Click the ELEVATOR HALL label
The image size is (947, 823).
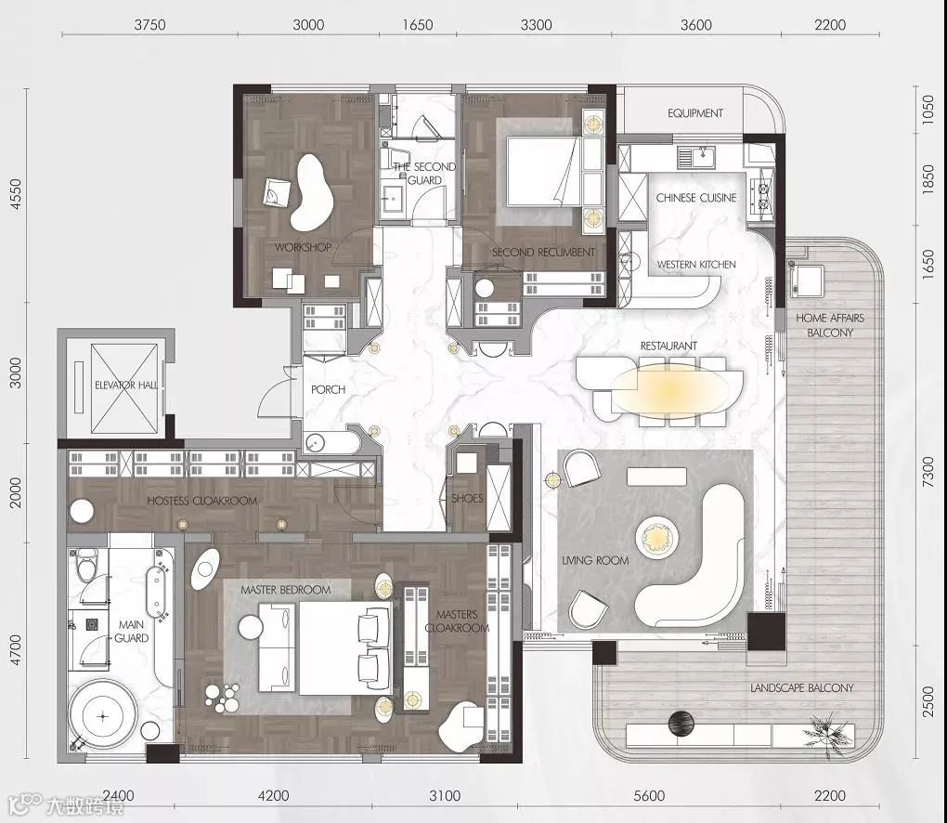point(126,385)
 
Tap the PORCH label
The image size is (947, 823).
point(328,390)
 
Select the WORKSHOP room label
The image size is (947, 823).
point(303,247)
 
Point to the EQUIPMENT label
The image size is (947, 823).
point(695,113)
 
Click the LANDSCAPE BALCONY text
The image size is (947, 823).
point(802,687)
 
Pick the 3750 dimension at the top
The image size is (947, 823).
point(149,25)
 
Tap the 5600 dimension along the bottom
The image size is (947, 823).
point(649,796)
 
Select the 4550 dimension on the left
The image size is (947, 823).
point(16,194)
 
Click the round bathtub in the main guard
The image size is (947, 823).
point(103,716)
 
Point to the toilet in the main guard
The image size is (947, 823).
point(86,562)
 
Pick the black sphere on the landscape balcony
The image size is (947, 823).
point(681,724)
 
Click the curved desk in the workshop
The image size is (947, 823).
point(311,192)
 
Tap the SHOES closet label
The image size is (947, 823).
point(467,499)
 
